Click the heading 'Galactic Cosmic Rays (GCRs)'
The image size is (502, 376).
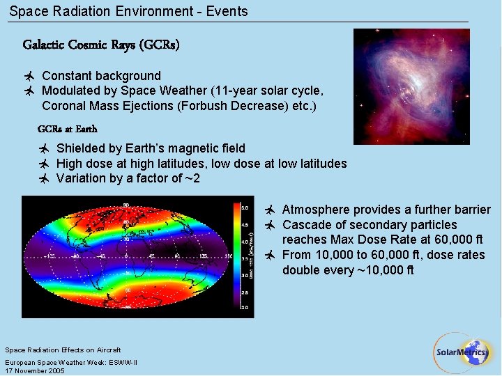(101, 45)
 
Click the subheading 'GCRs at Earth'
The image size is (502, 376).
(67, 129)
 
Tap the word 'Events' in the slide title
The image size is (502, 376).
(227, 11)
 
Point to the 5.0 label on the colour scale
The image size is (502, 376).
(244, 207)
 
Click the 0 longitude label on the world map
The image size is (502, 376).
(126, 256)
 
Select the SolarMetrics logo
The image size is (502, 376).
(462, 352)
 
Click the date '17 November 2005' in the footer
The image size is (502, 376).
(35, 371)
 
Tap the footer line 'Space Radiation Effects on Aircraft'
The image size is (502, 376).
(63, 350)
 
